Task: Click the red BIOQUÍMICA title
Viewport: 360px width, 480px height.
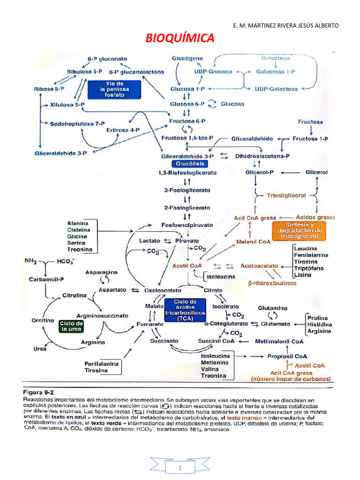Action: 180,38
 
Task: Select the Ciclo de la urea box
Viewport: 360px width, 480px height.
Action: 71,326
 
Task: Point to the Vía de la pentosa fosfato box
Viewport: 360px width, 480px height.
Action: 114,89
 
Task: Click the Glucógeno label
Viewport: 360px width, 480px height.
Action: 187,58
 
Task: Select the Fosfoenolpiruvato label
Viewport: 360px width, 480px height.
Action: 187,225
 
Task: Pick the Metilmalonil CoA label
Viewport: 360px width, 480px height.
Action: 279,342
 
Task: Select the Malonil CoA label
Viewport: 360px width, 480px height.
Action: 253,242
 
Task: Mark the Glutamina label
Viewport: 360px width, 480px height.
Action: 273,308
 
